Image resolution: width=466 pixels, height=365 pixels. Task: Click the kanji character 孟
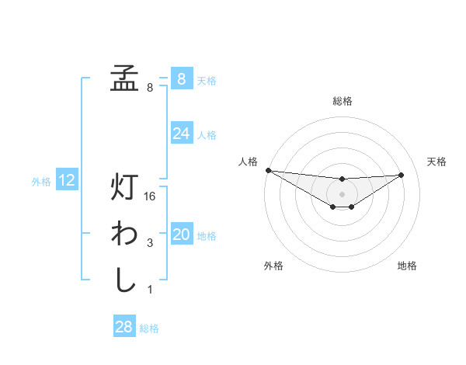124,78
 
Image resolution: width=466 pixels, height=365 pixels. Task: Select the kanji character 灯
124,188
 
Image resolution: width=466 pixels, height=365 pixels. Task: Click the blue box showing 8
181,78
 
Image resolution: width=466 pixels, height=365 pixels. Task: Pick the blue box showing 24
181,134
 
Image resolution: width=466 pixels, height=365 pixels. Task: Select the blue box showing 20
181,235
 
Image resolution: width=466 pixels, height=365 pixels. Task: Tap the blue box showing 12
67,180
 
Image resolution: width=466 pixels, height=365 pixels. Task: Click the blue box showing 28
124,327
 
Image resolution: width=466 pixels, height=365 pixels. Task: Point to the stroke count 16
151,197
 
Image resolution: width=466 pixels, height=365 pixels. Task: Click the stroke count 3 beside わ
150,244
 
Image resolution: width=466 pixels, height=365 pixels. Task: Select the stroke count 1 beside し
150,290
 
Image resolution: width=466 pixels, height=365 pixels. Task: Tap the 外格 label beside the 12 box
41,182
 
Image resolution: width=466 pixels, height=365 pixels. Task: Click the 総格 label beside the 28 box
149,328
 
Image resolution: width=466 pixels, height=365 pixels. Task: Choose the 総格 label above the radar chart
342,101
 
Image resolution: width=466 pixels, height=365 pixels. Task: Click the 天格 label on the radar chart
436,162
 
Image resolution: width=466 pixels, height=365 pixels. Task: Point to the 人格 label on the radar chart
248,162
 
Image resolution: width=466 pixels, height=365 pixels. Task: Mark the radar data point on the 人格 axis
268,170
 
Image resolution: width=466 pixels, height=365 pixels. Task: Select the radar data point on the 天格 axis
402,175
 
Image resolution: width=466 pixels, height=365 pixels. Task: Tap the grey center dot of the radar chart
342,194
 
